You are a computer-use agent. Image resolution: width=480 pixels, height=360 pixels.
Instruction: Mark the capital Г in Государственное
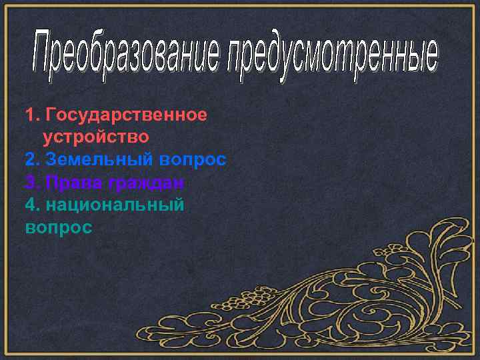(47, 115)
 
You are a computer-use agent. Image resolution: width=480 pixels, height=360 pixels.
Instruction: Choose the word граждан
(147, 183)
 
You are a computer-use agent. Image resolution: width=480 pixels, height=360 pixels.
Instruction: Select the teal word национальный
(114, 205)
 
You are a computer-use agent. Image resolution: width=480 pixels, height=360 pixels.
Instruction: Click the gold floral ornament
(373, 293)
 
